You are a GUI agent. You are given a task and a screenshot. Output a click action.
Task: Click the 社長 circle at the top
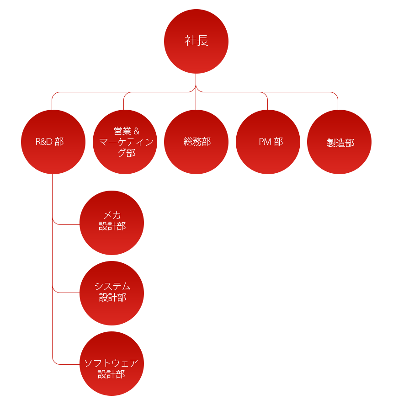tap(196, 41)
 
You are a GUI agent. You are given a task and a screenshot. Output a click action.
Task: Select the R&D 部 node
tap(53, 142)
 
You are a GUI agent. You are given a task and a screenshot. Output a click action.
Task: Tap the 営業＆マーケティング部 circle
tap(125, 142)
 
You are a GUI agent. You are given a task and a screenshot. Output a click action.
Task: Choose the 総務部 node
tap(196, 142)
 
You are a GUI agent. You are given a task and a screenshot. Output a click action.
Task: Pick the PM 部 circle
tap(268, 142)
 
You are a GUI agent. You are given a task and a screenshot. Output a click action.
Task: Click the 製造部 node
tap(339, 142)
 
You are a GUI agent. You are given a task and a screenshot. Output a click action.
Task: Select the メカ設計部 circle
tap(112, 223)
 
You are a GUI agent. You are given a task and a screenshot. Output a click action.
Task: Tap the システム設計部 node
tap(112, 293)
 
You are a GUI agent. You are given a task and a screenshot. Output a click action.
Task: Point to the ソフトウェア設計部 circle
tap(112, 364)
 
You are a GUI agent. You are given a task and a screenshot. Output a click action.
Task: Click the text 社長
tap(196, 41)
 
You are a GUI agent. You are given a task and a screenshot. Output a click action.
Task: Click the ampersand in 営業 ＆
tap(137, 131)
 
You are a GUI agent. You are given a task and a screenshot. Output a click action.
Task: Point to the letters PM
tap(265, 142)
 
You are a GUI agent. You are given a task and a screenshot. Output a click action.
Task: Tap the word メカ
tap(112, 215)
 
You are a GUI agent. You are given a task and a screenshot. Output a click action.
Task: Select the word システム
tap(112, 286)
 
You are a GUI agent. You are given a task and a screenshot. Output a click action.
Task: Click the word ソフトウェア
tap(112, 363)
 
